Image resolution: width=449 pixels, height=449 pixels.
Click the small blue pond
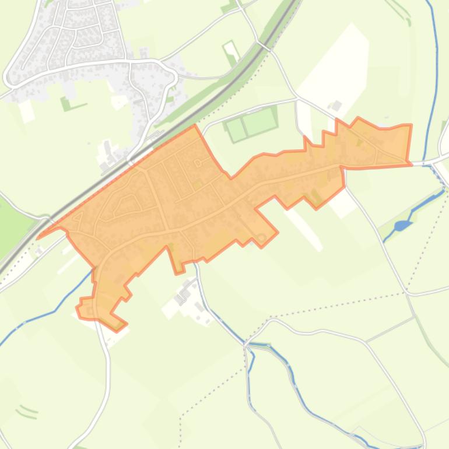click(x=401, y=226)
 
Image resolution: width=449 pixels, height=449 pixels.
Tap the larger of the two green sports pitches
click(x=259, y=121)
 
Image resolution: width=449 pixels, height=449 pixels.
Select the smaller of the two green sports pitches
click(x=236, y=129)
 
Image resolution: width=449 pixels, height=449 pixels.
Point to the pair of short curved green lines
click(x=27, y=412)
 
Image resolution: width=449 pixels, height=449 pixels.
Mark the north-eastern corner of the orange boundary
click(x=411, y=125)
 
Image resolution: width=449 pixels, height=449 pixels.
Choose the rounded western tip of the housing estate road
click(x=9, y=76)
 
